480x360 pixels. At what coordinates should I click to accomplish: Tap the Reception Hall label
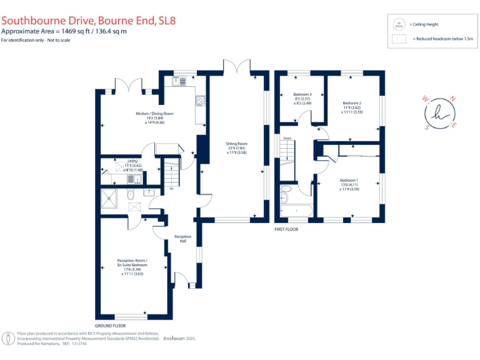click(182, 239)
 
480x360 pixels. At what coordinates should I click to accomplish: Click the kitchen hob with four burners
click(201, 101)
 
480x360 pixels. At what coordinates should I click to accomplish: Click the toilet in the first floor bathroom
click(286, 189)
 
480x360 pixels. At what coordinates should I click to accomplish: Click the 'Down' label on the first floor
click(287, 138)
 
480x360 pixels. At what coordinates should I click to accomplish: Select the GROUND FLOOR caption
click(110, 326)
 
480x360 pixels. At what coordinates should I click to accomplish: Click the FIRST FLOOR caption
click(287, 229)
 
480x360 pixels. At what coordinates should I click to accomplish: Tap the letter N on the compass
click(453, 99)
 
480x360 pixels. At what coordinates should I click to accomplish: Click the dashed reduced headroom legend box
click(398, 39)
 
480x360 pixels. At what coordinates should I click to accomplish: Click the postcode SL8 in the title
click(167, 20)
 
